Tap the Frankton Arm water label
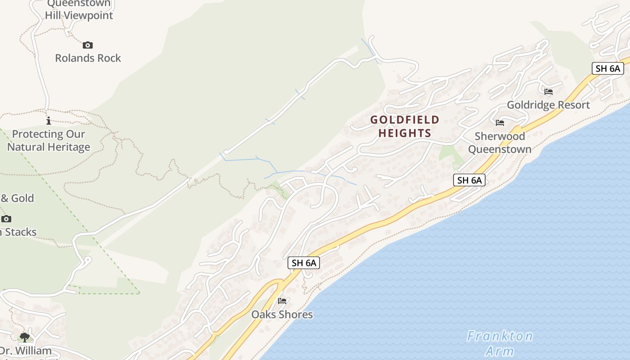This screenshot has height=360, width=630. tap(499, 343)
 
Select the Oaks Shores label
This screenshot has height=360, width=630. tap(282, 314)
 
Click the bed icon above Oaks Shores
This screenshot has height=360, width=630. tap(282, 301)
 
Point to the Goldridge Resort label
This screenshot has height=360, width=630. tap(548, 105)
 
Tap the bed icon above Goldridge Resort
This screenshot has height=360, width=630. tap(548, 92)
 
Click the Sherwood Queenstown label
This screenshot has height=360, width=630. tap(499, 142)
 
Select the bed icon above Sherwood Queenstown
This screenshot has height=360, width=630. tap(499, 123)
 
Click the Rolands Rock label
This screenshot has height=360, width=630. tap(88, 58)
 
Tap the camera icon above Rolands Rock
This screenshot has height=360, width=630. tap(88, 45)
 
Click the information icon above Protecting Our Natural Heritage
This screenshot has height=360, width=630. tap(49, 121)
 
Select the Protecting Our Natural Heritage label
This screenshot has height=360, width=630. tap(49, 140)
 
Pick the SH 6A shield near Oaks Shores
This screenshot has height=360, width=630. tap(304, 263)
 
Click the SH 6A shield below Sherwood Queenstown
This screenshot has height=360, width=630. tap(469, 180)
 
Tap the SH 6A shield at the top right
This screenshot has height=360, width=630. tap(607, 68)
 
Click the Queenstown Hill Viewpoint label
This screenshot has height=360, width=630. tap(79, 10)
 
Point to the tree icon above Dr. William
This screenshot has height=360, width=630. tap(25, 337)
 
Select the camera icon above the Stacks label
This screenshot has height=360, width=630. tap(6, 219)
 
